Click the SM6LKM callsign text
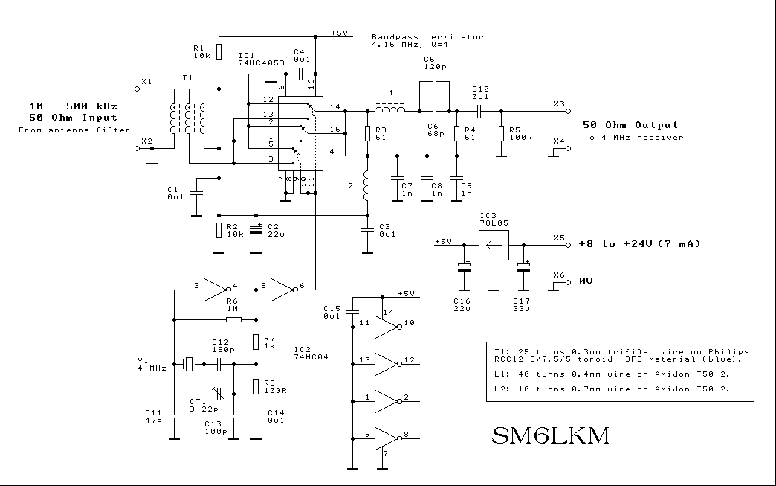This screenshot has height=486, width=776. (550, 436)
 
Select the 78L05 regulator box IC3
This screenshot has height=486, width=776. (493, 243)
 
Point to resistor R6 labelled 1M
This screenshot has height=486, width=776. (233, 319)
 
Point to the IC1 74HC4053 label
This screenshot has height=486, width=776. (260, 60)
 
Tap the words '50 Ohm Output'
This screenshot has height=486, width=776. (630, 124)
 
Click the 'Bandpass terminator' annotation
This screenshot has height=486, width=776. (427, 36)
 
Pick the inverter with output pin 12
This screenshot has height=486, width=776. (387, 364)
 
